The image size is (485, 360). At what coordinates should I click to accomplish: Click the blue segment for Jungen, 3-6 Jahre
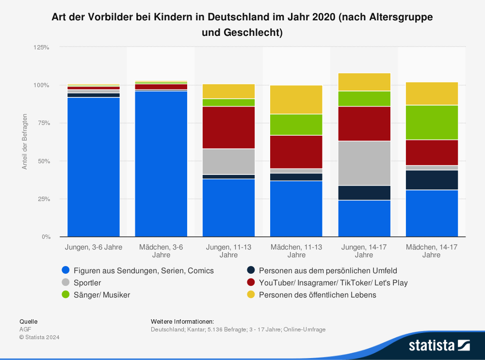click(x=94, y=167)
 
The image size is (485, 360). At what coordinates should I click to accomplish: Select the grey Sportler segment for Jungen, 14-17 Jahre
click(x=364, y=163)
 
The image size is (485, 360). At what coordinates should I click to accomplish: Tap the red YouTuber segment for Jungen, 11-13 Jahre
click(x=229, y=127)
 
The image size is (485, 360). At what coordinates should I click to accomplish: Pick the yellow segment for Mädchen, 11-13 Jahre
click(x=296, y=100)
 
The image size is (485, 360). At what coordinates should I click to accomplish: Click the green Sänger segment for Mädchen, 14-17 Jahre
click(x=432, y=123)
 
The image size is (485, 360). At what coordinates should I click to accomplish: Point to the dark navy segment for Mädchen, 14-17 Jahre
click(x=432, y=180)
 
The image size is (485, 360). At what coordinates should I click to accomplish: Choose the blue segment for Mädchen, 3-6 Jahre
click(x=161, y=164)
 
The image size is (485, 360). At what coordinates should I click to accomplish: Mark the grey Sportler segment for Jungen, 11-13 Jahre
click(x=229, y=161)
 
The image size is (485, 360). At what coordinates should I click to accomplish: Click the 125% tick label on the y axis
click(x=42, y=47)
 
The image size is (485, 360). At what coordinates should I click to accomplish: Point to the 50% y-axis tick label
click(x=44, y=161)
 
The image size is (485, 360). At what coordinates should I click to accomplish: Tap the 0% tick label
click(x=46, y=237)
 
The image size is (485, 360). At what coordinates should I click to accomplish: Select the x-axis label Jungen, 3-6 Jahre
click(x=94, y=247)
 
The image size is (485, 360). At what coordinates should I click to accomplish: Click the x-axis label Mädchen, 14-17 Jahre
click(x=432, y=251)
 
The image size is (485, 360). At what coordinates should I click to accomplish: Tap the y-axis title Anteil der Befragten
click(x=25, y=141)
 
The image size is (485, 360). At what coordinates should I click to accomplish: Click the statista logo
click(x=439, y=345)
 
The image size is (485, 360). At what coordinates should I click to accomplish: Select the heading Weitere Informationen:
click(x=182, y=321)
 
